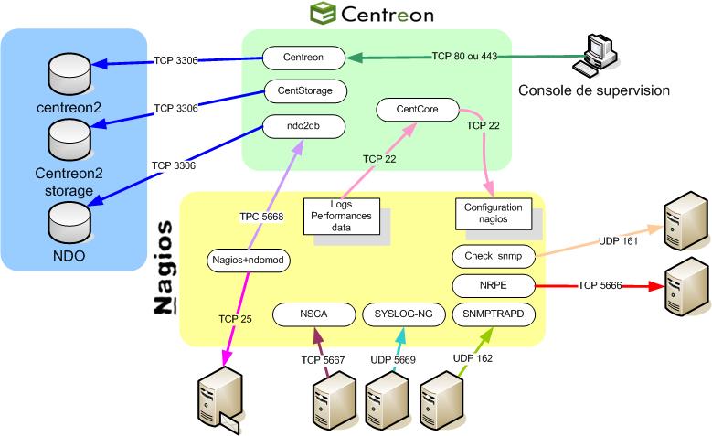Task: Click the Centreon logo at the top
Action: click(370, 14)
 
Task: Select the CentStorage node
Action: click(304, 91)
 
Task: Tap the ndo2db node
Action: click(304, 125)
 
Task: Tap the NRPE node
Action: click(494, 285)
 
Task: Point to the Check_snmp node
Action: click(494, 256)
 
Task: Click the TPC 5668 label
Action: click(260, 217)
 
